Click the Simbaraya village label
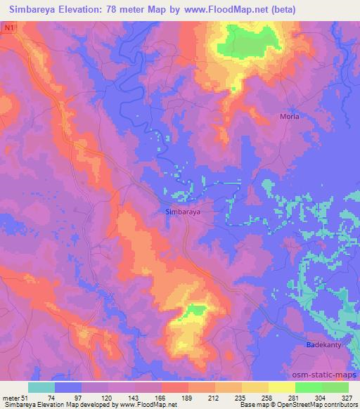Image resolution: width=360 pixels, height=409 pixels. click(182, 210)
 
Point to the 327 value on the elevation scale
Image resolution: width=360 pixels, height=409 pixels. click(347, 398)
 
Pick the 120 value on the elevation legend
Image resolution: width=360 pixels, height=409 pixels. click(107, 398)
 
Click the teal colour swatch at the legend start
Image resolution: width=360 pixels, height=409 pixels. click(41, 387)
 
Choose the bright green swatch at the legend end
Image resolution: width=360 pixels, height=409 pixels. click(335, 387)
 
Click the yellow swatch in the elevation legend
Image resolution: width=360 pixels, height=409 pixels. click(281, 387)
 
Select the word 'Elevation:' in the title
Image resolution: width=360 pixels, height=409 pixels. click(89, 9)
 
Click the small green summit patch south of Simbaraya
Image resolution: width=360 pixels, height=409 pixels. click(196, 310)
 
